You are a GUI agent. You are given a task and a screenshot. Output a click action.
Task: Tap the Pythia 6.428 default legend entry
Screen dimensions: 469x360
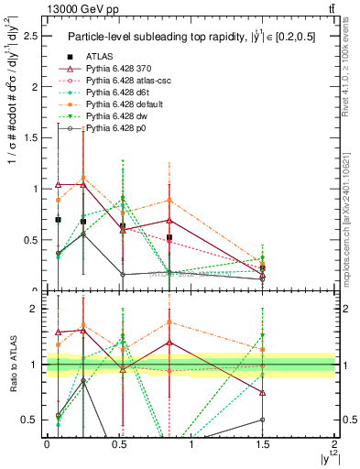tap(110, 104)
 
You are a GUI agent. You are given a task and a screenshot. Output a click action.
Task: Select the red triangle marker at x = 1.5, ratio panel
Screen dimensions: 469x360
tap(263, 392)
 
